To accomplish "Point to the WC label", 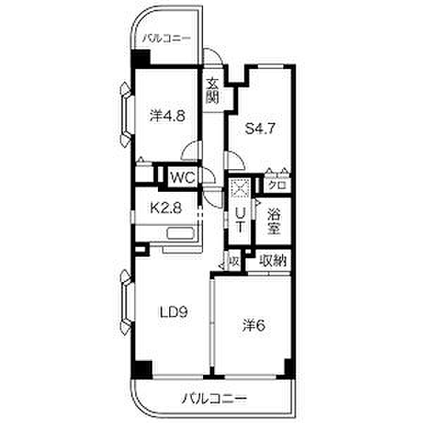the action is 181,177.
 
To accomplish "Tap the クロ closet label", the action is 276,185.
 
